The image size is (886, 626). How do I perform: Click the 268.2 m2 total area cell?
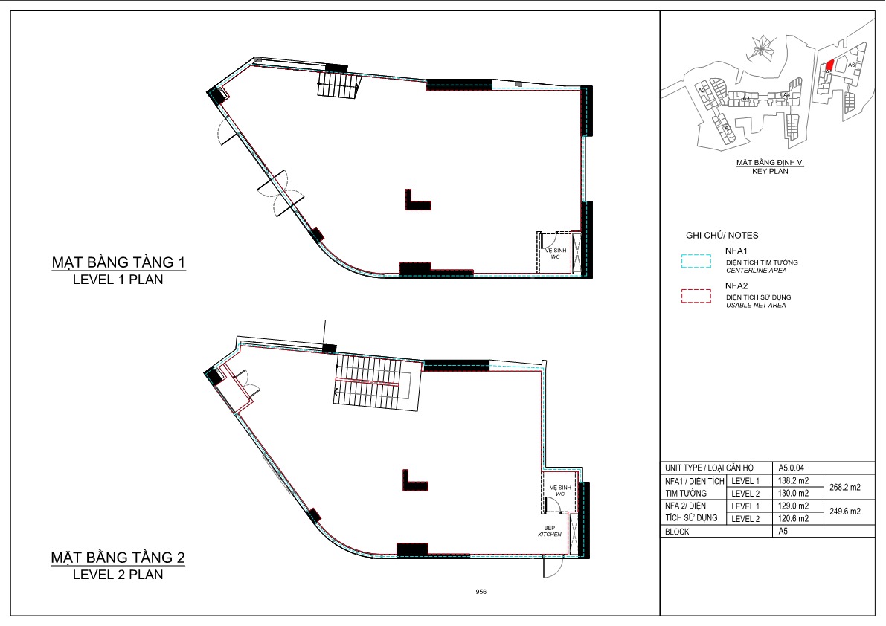tap(844, 488)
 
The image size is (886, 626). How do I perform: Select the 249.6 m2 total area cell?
tap(844, 512)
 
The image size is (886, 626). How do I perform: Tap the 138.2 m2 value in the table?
tap(794, 481)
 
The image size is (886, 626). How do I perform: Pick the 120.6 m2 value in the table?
tap(794, 519)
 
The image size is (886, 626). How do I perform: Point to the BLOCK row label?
tap(677, 532)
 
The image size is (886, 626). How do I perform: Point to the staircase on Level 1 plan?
tap(339, 84)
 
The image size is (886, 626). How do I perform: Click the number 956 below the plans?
tap(481, 592)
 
